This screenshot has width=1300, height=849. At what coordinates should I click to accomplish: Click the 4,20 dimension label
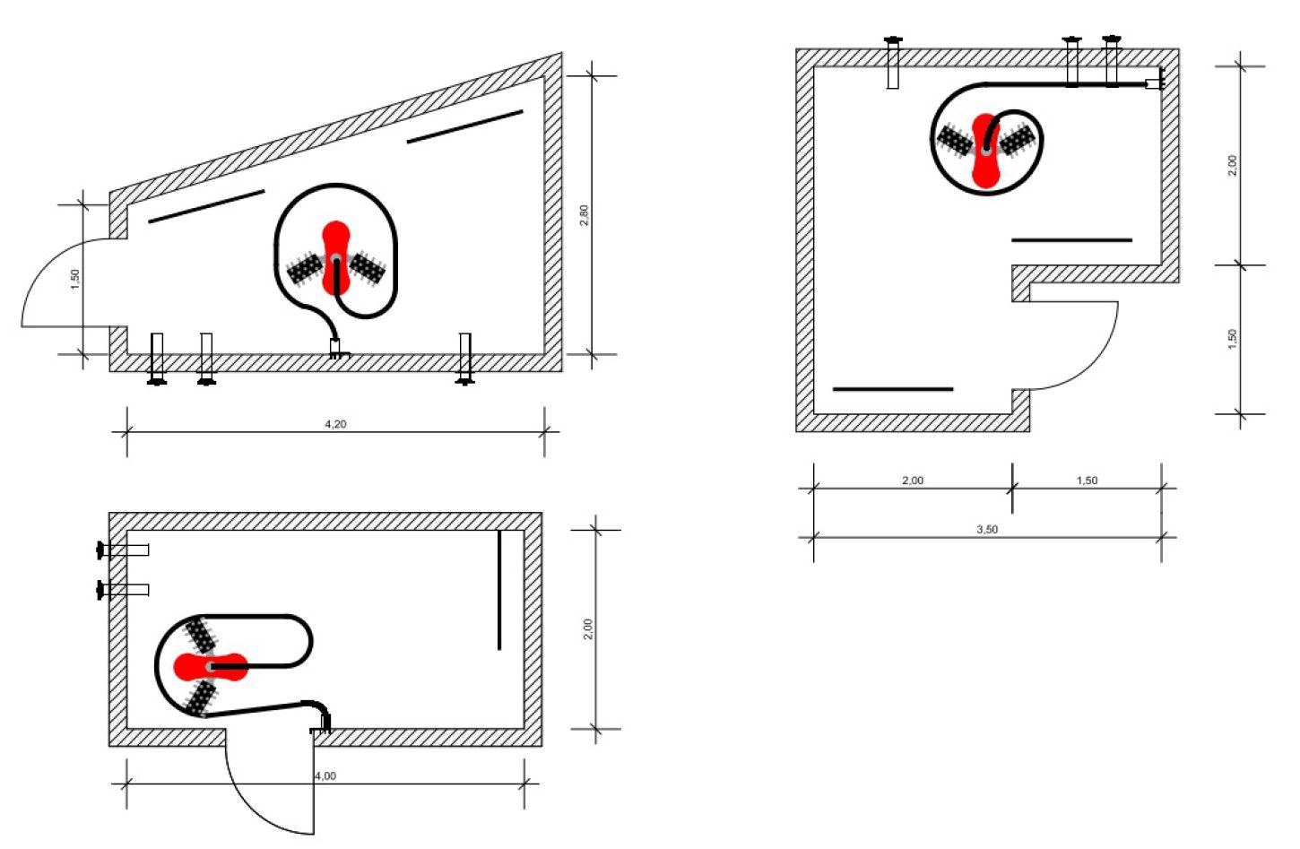point(335,424)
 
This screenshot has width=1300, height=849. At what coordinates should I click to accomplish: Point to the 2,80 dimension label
point(584,215)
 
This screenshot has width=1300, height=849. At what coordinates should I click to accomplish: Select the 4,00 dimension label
point(325,775)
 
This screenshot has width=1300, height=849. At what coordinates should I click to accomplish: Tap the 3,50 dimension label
point(987,529)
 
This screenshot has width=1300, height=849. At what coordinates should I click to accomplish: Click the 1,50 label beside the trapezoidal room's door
point(75,280)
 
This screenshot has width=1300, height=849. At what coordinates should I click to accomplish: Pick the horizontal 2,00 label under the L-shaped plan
point(913,481)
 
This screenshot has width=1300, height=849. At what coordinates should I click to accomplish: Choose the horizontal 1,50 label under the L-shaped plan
point(1087,481)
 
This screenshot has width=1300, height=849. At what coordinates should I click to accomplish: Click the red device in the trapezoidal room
point(336,257)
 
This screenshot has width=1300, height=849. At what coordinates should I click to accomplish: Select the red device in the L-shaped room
point(986,151)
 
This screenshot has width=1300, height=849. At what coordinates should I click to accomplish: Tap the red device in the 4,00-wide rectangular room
point(211,666)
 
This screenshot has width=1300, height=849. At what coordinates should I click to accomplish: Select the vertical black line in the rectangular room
point(499,590)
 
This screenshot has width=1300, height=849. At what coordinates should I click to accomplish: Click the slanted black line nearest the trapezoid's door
point(206,206)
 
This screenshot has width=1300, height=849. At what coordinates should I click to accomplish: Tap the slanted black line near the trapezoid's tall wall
point(465,126)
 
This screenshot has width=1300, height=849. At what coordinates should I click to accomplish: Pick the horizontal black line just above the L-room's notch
point(1071,239)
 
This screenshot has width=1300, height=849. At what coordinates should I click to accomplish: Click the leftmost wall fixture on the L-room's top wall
point(893,63)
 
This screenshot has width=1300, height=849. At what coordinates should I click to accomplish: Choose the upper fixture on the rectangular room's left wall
point(123,550)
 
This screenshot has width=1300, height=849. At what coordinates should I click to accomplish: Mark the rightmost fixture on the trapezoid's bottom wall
point(465,358)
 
